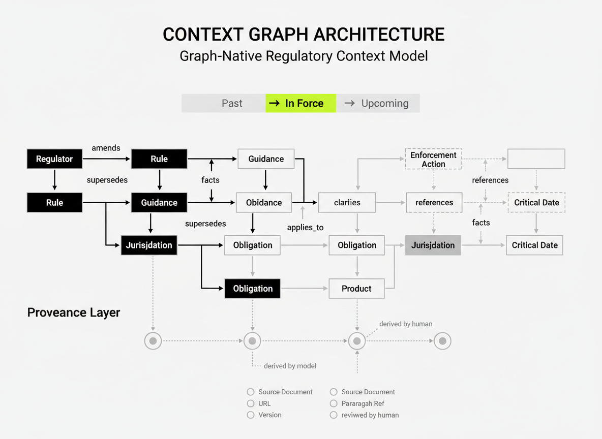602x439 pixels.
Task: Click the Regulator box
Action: point(54,159)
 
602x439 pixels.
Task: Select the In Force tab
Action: point(300,103)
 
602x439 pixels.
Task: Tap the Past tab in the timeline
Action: point(232,103)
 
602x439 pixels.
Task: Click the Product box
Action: point(356,289)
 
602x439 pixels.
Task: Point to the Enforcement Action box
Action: point(433,159)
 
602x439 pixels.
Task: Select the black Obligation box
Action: point(253,289)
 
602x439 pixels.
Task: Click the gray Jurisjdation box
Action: point(433,245)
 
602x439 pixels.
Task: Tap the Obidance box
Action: point(264,202)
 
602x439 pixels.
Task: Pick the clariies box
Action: point(347,202)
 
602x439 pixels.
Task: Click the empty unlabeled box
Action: point(536,159)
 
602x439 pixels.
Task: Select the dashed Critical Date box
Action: point(536,202)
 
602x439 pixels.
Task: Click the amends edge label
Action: point(106,148)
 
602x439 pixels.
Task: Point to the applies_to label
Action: point(305,227)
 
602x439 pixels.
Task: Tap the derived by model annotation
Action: point(290,366)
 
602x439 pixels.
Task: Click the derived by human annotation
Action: point(406,324)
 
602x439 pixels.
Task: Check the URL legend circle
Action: point(251,403)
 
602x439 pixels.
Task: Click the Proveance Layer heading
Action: point(74,312)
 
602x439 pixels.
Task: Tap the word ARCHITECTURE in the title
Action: point(379,35)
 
